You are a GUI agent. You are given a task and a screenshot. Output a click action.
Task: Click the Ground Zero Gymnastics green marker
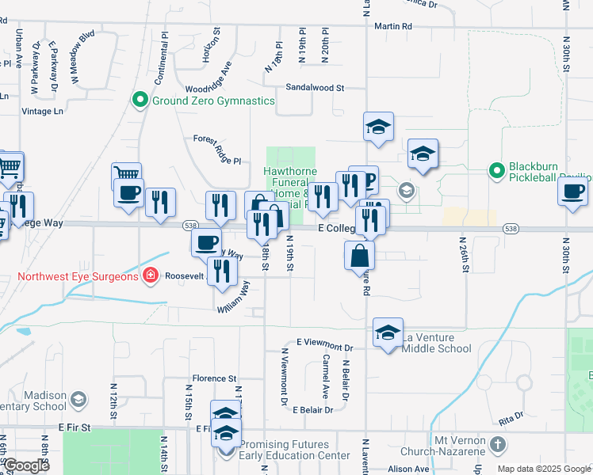[x=140, y=101]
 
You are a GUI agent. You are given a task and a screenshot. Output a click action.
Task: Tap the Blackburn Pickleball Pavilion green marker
[x=496, y=169]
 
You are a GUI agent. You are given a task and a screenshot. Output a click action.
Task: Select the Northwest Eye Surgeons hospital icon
[x=149, y=276]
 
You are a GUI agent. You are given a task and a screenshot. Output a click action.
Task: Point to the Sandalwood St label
[x=315, y=88]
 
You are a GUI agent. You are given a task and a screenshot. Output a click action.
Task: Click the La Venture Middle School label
[x=437, y=343]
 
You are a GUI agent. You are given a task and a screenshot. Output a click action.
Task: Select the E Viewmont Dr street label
[x=324, y=344]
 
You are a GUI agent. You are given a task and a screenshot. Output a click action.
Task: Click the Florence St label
[x=214, y=378]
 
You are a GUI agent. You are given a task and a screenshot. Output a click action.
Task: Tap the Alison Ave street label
[x=409, y=469]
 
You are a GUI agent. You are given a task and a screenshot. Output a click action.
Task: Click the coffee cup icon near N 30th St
[x=573, y=191]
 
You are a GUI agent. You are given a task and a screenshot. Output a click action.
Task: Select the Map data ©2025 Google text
[x=543, y=469]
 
